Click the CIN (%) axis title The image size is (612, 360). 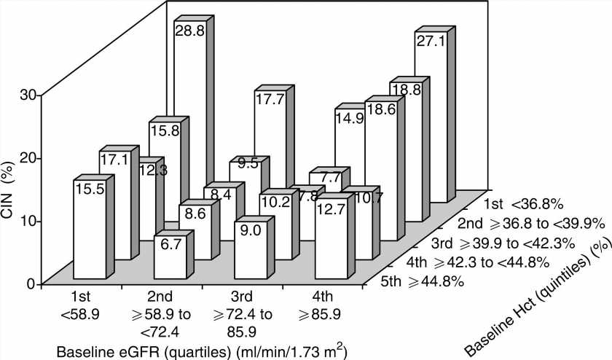(x=10, y=189)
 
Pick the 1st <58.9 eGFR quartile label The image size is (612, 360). (x=82, y=306)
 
